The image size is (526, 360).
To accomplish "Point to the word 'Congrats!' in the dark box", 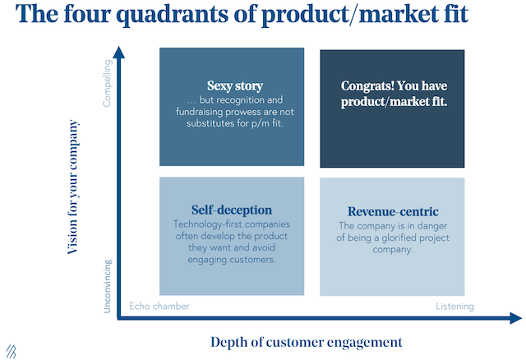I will click(368, 85).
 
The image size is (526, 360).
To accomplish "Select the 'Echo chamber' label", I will click(159, 307).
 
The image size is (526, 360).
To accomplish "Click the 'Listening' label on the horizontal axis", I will click(454, 307).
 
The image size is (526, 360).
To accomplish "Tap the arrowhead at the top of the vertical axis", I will click(119, 53).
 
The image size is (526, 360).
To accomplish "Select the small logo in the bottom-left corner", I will click(10, 348).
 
